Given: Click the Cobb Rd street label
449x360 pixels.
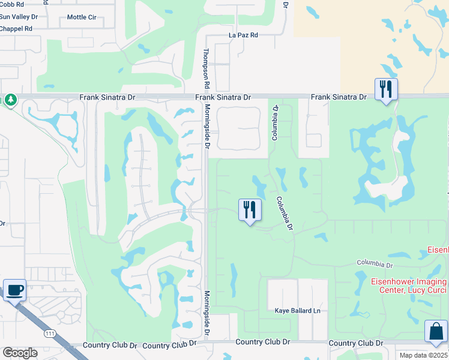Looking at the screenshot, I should (x=12, y=4).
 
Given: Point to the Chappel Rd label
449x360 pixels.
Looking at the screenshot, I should (x=16, y=28).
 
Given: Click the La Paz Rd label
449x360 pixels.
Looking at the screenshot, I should (x=243, y=35).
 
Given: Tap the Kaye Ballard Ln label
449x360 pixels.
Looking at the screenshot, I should (x=298, y=311).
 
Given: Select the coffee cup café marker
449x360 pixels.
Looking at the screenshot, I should (x=14, y=290).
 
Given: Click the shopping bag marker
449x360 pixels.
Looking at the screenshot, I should (x=436, y=331).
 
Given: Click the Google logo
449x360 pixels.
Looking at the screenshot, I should (x=20, y=352).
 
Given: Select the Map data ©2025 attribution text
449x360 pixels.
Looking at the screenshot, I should (x=424, y=355).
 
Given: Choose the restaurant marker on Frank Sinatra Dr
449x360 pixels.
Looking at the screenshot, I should (x=385, y=90).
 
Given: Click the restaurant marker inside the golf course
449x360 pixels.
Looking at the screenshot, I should (x=250, y=209).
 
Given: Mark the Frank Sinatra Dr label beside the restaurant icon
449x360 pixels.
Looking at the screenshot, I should (x=338, y=97).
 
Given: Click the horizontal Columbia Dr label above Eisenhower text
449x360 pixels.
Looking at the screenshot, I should (x=375, y=264).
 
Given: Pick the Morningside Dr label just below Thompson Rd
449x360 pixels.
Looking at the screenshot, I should (x=206, y=126).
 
